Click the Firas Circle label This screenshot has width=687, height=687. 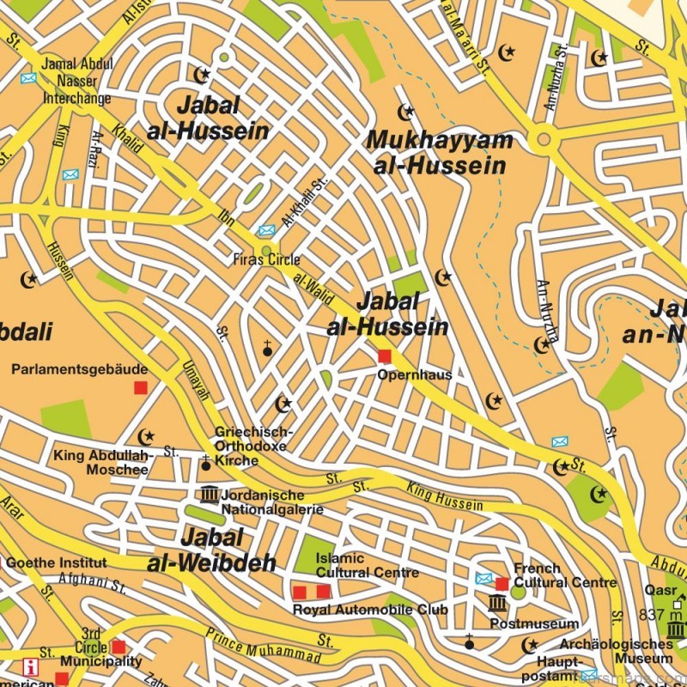click(266, 259)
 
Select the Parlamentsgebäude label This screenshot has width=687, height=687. click(80, 369)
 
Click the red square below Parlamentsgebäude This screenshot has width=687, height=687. click(140, 388)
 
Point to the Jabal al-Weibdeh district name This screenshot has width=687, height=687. click(211, 550)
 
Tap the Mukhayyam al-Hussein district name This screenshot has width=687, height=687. click(440, 153)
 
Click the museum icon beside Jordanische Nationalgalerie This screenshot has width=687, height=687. click(210, 495)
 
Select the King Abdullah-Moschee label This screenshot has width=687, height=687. click(103, 462)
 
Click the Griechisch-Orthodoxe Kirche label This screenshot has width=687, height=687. click(252, 447)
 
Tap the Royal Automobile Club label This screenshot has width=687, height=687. click(370, 610)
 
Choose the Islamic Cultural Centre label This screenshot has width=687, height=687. click(367, 565)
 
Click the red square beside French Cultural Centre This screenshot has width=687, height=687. click(502, 584)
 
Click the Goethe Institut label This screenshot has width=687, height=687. click(56, 563)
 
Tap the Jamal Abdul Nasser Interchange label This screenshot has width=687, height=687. click(77, 81)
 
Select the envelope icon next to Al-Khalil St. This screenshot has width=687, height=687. click(266, 230)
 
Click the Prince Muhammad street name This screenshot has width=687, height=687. click(252, 642)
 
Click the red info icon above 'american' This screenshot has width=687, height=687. click(32, 666)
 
